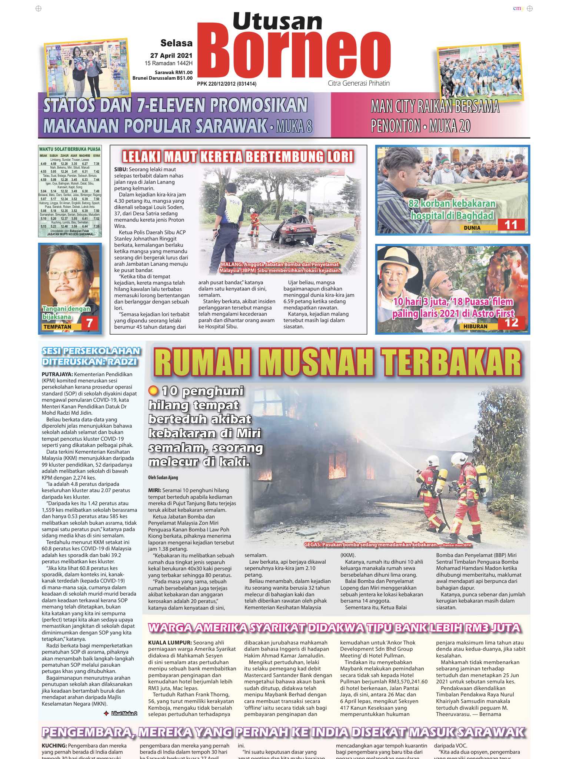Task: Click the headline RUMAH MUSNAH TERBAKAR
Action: (x=337, y=363)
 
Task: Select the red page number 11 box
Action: (x=511, y=225)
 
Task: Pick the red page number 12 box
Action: (x=511, y=322)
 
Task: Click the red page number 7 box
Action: (x=89, y=323)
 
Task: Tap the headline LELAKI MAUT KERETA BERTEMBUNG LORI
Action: (x=238, y=156)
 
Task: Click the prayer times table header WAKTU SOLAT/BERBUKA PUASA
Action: (x=70, y=149)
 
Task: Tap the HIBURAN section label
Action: (x=475, y=327)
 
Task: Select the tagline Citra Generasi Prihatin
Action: (x=359, y=83)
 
